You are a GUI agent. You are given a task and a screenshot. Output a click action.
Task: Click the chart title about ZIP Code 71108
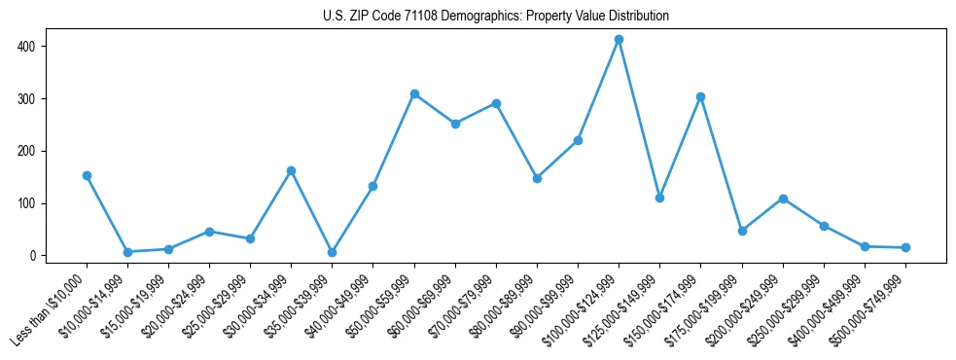click(495, 17)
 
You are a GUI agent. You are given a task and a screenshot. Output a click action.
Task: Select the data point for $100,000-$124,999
click(619, 40)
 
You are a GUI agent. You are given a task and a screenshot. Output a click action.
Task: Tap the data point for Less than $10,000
click(87, 176)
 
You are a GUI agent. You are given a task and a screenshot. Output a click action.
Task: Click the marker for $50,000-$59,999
click(414, 94)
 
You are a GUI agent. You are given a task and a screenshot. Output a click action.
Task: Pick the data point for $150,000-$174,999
click(700, 97)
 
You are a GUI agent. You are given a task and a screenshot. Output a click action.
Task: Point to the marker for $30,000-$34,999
click(291, 171)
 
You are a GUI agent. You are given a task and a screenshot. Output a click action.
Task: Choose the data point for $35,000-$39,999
click(333, 252)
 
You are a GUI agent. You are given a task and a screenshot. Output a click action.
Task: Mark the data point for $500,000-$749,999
click(905, 248)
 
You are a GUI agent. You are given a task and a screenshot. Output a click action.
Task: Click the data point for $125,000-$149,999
click(659, 198)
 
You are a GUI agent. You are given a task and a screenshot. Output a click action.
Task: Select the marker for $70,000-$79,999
click(496, 103)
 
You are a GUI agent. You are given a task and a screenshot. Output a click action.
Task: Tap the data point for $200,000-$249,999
click(783, 198)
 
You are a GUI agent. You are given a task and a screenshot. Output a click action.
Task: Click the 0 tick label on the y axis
click(33, 256)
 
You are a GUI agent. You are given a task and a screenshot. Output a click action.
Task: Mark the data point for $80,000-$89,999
click(537, 178)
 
